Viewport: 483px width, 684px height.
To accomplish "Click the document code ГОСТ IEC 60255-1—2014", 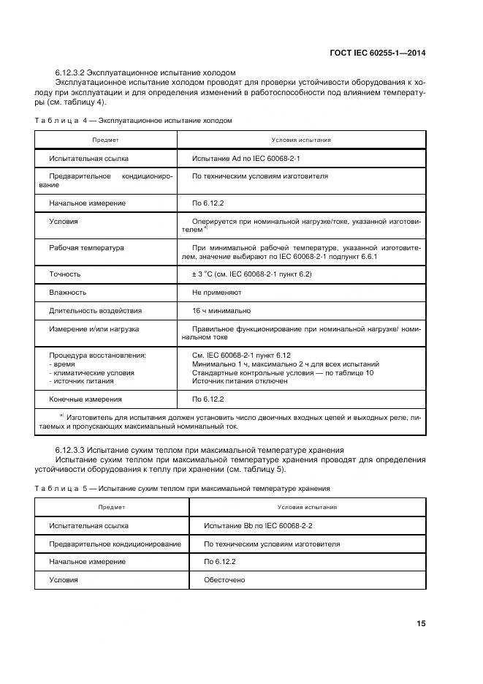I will coord(375,52).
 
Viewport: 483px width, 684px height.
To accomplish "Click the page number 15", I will coord(421,623).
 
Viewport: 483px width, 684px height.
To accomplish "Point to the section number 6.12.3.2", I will coord(73,73).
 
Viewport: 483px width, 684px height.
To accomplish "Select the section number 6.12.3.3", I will coord(73,449).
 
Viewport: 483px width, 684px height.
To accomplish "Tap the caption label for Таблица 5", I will coord(64,488).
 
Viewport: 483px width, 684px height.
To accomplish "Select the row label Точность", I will coord(65,274).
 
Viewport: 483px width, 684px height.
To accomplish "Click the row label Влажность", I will coord(68,293).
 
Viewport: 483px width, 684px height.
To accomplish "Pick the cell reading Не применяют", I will coord(216,293).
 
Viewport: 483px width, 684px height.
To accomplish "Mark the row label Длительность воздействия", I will coord(95,311).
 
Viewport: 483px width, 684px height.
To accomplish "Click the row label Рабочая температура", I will coord(86,248).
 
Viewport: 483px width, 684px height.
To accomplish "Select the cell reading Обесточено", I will coord(225,579).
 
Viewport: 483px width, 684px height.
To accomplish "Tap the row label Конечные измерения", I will coord(85,399).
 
